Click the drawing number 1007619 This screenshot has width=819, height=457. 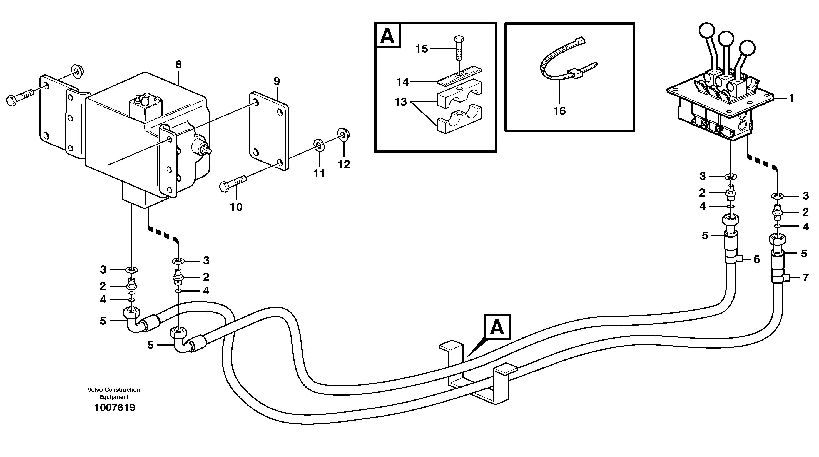pyautogui.click(x=114, y=408)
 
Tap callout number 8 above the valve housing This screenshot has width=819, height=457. pyautogui.click(x=178, y=65)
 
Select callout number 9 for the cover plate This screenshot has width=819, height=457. pyautogui.click(x=277, y=81)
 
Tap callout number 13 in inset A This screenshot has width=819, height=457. pyautogui.click(x=400, y=102)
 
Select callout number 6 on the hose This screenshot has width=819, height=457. pyautogui.click(x=757, y=260)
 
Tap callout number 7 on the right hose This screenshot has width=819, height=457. pyautogui.click(x=805, y=278)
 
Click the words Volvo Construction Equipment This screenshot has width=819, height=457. pyautogui.click(x=114, y=393)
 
